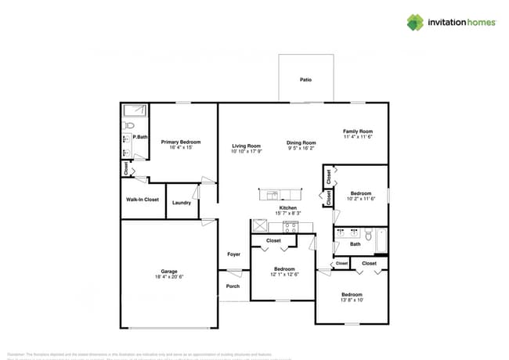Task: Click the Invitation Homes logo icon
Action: tap(415, 22)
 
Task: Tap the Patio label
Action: tap(306, 80)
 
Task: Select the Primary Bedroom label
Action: tap(181, 142)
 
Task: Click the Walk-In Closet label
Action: tap(143, 200)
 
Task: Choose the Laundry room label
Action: tap(182, 203)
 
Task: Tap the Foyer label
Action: tap(233, 254)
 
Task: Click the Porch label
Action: tap(233, 286)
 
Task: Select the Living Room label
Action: tap(246, 146)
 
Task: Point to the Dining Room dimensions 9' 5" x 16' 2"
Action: tap(301, 148)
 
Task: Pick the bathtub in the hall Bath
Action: tap(381, 241)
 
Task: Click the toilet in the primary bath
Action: tap(130, 124)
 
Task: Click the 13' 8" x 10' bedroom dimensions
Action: tap(352, 301)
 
